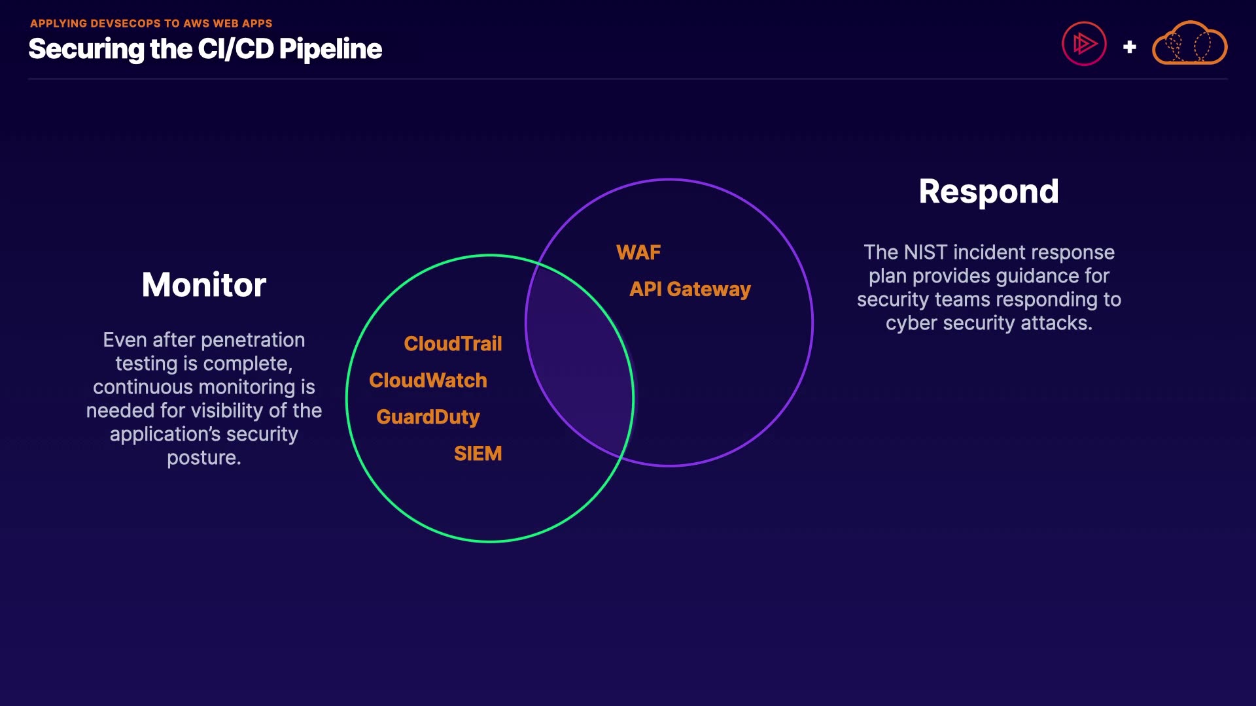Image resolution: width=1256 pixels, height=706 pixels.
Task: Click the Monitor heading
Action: pyautogui.click(x=203, y=285)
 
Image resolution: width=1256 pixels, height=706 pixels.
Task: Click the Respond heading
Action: pyautogui.click(x=988, y=192)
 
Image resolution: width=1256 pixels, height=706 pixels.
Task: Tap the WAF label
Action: pyautogui.click(x=638, y=252)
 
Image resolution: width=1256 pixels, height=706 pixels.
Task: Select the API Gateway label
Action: pyautogui.click(x=689, y=289)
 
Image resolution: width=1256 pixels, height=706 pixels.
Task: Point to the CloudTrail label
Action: pyautogui.click(x=453, y=344)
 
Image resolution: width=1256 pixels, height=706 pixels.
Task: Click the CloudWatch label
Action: pyautogui.click(x=428, y=380)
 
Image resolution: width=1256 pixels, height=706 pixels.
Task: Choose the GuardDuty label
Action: pyautogui.click(x=428, y=417)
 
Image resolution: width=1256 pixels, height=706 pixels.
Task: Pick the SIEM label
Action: pyautogui.click(x=478, y=454)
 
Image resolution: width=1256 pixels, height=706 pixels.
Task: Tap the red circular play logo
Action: pyautogui.click(x=1084, y=44)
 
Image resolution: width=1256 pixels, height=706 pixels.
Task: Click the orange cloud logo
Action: pyautogui.click(x=1189, y=44)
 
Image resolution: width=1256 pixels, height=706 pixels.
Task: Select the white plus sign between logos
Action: pyautogui.click(x=1129, y=47)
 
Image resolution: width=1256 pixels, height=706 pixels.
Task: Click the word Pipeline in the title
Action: pyautogui.click(x=330, y=50)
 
